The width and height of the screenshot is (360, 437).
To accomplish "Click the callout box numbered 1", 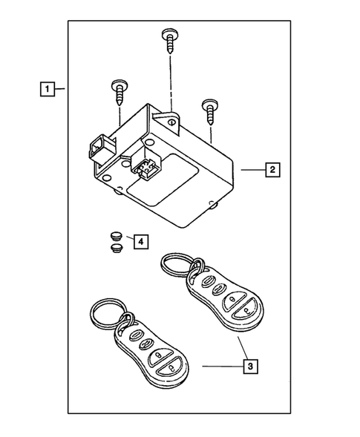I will tap(48, 91).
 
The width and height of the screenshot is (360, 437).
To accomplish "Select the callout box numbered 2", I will tap(273, 170).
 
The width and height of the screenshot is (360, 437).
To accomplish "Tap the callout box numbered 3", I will tap(252, 365).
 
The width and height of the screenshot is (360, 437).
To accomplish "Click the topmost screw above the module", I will tap(170, 39).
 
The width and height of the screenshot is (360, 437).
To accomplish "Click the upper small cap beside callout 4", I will tap(115, 237).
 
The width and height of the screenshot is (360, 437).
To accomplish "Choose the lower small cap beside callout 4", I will tap(115, 249).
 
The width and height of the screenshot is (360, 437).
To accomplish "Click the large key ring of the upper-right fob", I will tap(175, 264).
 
